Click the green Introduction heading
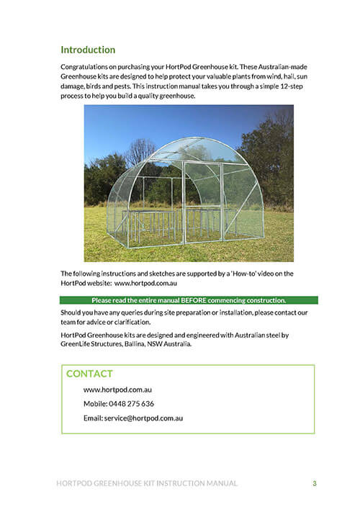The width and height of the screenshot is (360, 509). tap(88, 50)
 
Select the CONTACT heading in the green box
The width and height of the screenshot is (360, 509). tap(89, 374)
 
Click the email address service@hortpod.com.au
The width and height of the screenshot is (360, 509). tap(143, 418)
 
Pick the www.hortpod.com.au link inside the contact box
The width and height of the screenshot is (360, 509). tap(117, 389)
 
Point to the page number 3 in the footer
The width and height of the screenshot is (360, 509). tap(314, 483)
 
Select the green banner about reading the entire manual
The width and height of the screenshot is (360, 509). tap(189, 300)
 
